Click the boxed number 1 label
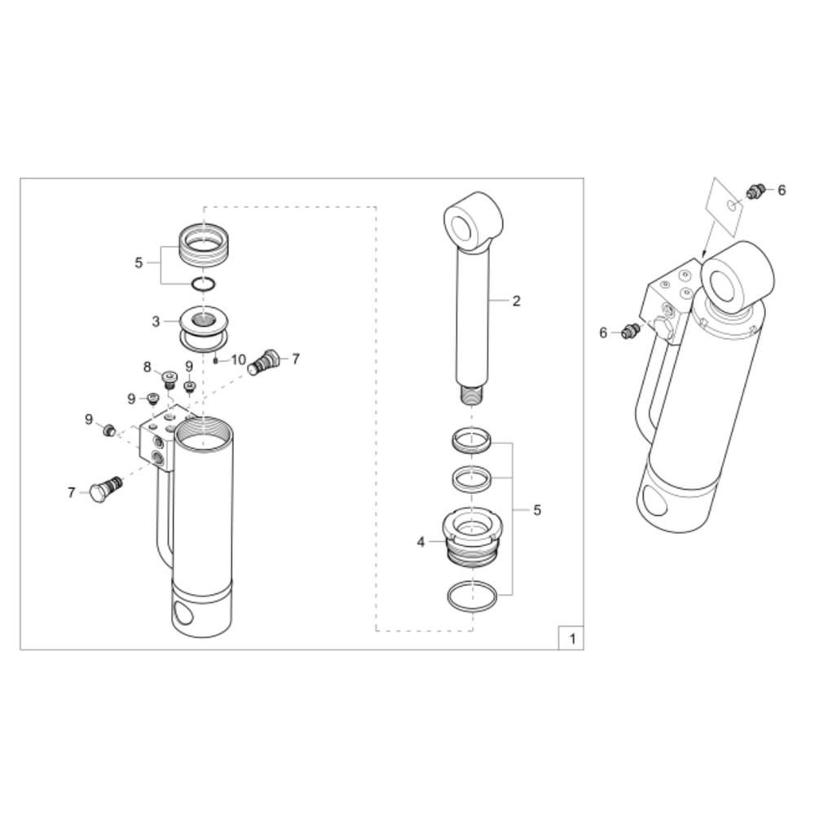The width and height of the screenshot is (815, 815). (x=572, y=638)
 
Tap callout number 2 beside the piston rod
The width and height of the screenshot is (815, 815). (x=516, y=301)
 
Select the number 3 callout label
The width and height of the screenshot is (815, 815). (x=156, y=322)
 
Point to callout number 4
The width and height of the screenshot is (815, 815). (x=421, y=542)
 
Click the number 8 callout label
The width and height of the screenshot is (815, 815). (x=147, y=367)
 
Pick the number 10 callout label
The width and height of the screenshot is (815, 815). (x=239, y=359)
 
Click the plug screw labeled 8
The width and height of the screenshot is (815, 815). (x=169, y=380)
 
